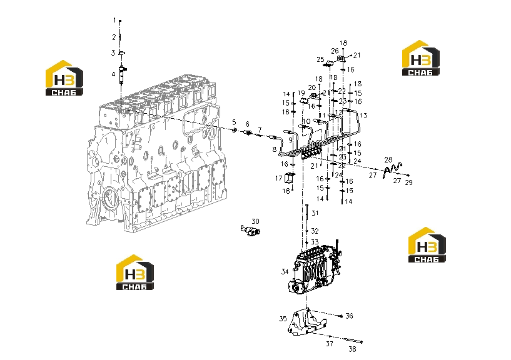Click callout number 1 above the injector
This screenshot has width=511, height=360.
click(114, 20)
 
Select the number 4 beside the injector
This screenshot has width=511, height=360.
click(113, 74)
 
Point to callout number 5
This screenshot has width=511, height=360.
click(234, 122)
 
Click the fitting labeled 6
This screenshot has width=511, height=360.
click(248, 132)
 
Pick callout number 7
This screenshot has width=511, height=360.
click(260, 129)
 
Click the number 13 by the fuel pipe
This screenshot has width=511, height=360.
click(363, 116)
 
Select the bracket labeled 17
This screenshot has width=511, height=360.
click(290, 178)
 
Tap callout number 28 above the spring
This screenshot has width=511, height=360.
click(388, 159)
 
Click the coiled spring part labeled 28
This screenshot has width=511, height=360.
click(392, 170)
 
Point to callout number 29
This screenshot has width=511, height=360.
click(408, 182)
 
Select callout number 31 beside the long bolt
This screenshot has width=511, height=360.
click(315, 213)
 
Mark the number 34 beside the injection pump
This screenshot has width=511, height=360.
click(285, 271)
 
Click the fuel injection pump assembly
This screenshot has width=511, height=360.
click(315, 269)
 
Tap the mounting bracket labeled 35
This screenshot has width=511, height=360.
click(306, 322)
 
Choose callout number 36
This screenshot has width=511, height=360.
click(350, 316)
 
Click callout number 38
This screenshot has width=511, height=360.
click(352, 349)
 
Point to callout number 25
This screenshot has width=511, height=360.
click(320, 59)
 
